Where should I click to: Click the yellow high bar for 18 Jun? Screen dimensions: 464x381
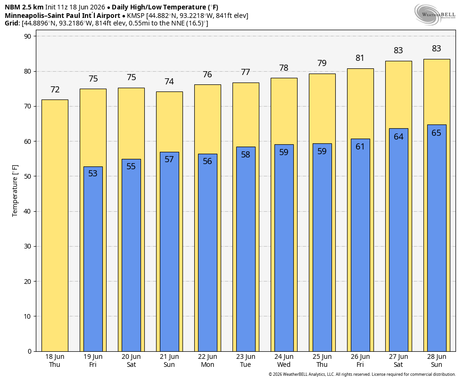click(x=55, y=225)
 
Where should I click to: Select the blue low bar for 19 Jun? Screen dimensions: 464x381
click(x=93, y=259)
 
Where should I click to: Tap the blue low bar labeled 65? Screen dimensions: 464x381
click(x=437, y=238)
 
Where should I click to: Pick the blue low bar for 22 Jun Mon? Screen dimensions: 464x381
click(x=207, y=253)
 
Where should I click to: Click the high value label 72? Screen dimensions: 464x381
click(x=55, y=90)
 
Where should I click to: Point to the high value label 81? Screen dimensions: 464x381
click(x=360, y=58)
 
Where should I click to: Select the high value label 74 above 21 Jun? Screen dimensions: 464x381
click(x=169, y=82)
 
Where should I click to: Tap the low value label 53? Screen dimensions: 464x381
click(x=93, y=174)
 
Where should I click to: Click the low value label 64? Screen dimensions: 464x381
click(x=398, y=137)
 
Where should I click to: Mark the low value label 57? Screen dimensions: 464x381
click(x=169, y=159)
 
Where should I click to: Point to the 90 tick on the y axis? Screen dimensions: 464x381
click(x=28, y=36)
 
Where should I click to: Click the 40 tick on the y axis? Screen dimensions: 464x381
click(x=28, y=212)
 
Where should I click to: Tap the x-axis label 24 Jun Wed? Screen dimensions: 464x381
click(x=284, y=361)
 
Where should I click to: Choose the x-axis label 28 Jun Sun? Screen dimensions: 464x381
click(x=437, y=361)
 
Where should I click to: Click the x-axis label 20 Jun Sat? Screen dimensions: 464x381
click(x=131, y=361)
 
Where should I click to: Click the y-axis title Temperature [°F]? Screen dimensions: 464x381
click(x=15, y=191)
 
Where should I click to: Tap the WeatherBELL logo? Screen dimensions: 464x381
click(x=435, y=15)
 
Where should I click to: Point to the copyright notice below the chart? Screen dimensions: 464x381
click(x=362, y=374)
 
